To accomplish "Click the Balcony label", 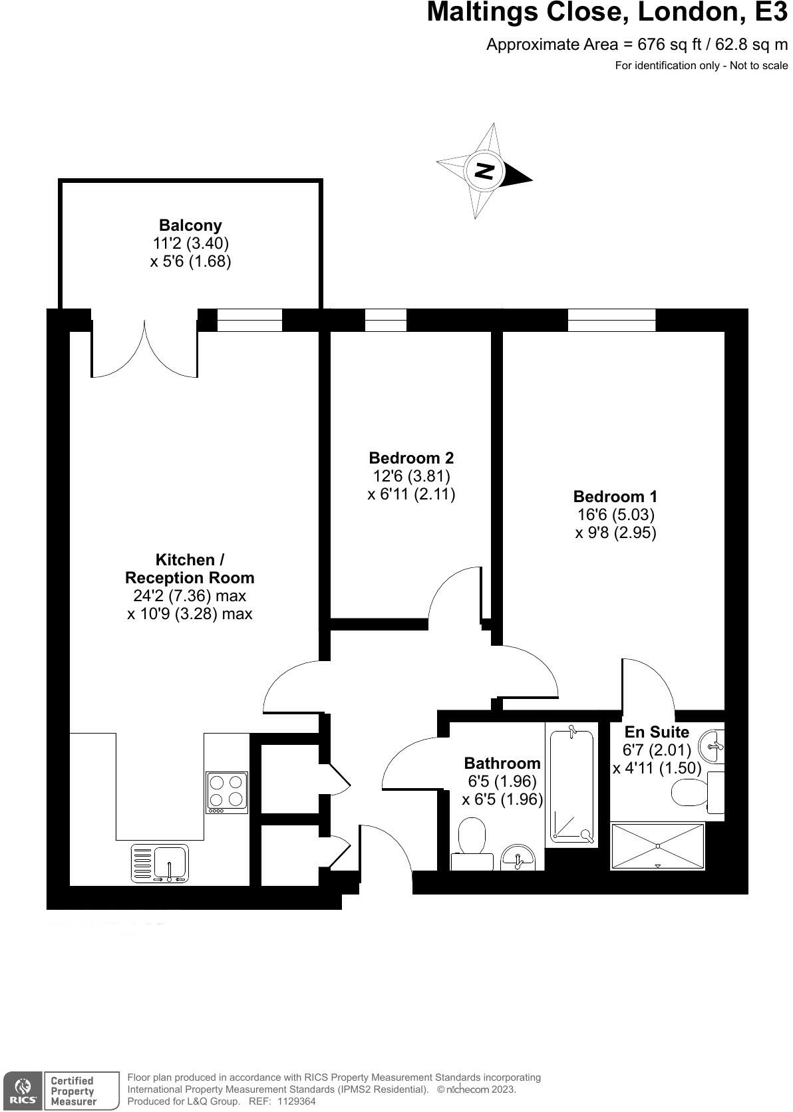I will (x=190, y=225).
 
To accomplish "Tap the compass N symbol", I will (x=484, y=171).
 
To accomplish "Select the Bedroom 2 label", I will (x=411, y=458).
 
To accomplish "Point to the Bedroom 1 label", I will (x=615, y=496).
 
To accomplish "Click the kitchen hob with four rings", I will (x=227, y=791).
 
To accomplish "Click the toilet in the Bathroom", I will (x=472, y=843).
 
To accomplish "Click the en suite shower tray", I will (x=657, y=845).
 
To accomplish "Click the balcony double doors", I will (x=144, y=349).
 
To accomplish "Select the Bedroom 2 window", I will (x=386, y=320).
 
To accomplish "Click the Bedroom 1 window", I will (x=611, y=320).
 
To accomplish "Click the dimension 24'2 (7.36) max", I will (x=190, y=596).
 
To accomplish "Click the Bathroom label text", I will (x=502, y=763).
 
